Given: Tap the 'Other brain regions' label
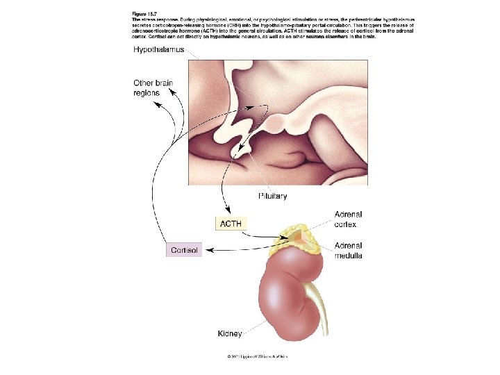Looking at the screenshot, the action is coord(153,88).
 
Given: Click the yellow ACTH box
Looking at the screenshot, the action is coord(231,224).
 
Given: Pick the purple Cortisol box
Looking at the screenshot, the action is coord(184,249).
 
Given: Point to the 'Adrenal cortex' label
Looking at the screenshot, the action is coord(348,219).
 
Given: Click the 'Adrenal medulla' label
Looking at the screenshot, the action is coord(348,250).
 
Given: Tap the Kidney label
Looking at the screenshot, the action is coord(230,334).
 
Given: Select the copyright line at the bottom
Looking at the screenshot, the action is coord(257,356).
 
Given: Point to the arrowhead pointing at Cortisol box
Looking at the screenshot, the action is coord(207,249).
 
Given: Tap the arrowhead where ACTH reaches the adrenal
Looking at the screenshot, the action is coord(285,239).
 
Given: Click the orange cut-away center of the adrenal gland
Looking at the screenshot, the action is coord(299,237).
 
